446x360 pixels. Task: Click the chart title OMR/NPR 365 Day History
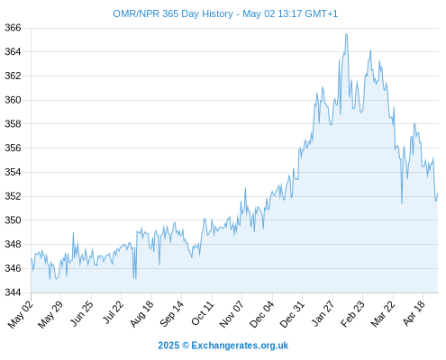point(173,13)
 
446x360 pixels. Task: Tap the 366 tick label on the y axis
point(13,28)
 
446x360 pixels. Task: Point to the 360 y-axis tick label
point(13,100)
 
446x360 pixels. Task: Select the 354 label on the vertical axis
point(13,172)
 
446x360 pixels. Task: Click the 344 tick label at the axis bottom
point(13,292)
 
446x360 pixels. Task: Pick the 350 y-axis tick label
point(13,220)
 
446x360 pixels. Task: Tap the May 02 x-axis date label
point(20,314)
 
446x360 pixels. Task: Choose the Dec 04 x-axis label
point(261,314)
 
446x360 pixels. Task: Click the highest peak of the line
point(346,34)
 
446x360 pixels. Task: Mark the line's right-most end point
point(438,193)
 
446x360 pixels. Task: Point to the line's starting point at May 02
point(31,258)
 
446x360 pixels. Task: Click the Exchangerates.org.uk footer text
point(240,346)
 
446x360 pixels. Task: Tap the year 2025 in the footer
point(168,346)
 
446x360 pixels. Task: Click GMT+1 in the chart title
point(321,13)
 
